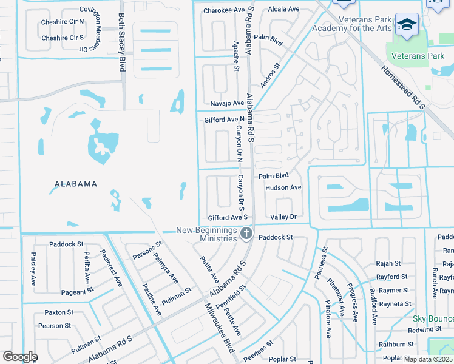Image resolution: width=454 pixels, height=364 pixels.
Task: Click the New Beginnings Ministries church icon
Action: click(x=246, y=233)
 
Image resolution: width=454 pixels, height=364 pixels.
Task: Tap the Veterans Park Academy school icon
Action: click(x=406, y=24)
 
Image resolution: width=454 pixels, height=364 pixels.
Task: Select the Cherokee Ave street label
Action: click(x=224, y=10)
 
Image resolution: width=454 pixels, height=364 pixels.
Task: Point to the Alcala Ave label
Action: click(x=284, y=9)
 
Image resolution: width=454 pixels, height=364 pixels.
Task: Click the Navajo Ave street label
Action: click(x=227, y=103)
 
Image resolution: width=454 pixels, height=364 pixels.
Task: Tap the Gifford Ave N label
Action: click(x=225, y=120)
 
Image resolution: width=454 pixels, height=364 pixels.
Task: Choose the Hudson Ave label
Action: click(x=283, y=188)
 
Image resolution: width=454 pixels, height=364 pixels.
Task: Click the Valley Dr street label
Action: click(x=283, y=217)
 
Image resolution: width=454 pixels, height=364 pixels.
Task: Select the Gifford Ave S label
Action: click(x=228, y=217)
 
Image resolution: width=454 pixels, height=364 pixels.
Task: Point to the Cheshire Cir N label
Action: click(x=63, y=21)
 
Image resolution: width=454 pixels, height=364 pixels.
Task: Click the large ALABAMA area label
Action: click(x=76, y=184)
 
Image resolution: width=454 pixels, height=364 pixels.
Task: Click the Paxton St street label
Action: click(x=58, y=312)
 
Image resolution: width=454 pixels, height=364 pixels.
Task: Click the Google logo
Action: click(x=20, y=356)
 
